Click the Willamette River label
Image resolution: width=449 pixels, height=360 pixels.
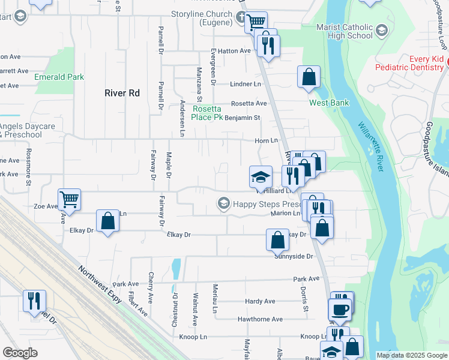click(x=370, y=147)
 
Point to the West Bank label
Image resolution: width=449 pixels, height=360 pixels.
click(x=329, y=103)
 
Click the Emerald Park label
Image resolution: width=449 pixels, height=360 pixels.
click(x=59, y=77)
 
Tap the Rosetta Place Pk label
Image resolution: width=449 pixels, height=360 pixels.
click(x=207, y=113)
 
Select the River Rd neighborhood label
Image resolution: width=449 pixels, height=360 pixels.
click(x=122, y=93)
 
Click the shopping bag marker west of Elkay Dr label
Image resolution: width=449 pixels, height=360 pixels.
click(x=108, y=221)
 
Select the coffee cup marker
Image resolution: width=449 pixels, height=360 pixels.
click(x=340, y=309)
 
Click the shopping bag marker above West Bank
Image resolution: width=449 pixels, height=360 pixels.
click(x=309, y=77)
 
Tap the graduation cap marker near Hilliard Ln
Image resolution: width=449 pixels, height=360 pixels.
click(x=260, y=176)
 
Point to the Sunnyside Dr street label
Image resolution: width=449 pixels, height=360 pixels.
click(x=294, y=256)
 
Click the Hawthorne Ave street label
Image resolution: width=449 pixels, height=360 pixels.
click(x=260, y=319)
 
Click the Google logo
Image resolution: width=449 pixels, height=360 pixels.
click(x=20, y=353)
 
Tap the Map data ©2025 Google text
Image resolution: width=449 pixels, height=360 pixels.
click(x=412, y=355)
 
